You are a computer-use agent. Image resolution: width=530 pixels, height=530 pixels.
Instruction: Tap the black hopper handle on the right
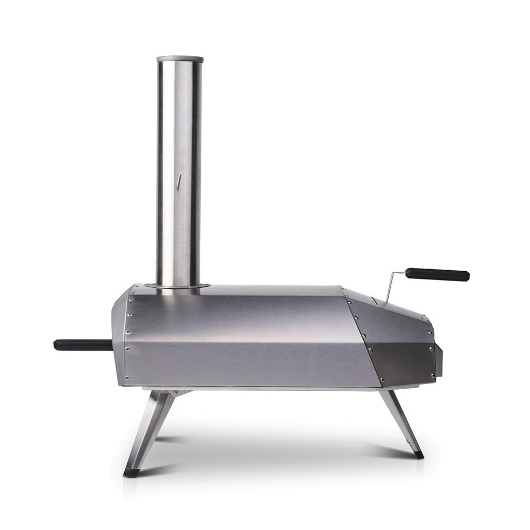(438, 274)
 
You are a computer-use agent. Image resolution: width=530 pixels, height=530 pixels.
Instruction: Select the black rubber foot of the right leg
(417, 455)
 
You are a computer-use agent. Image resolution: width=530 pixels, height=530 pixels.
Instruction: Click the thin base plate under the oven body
(259, 387)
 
